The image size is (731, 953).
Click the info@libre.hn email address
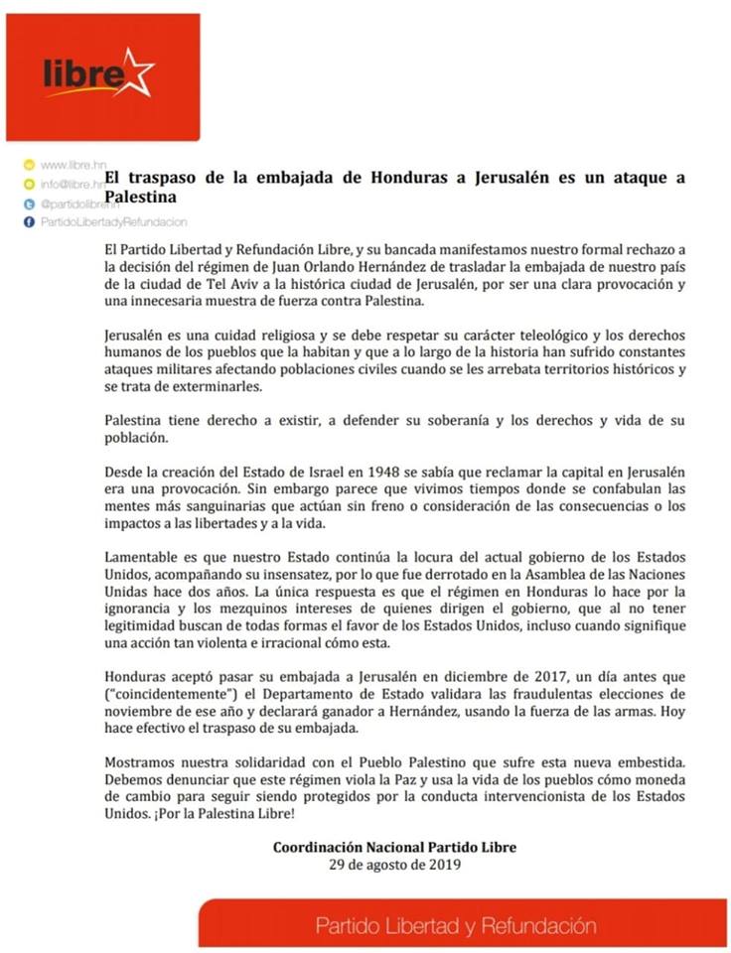click(x=73, y=184)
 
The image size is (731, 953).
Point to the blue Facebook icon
click(x=29, y=222)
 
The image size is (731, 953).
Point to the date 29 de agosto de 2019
click(x=395, y=864)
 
